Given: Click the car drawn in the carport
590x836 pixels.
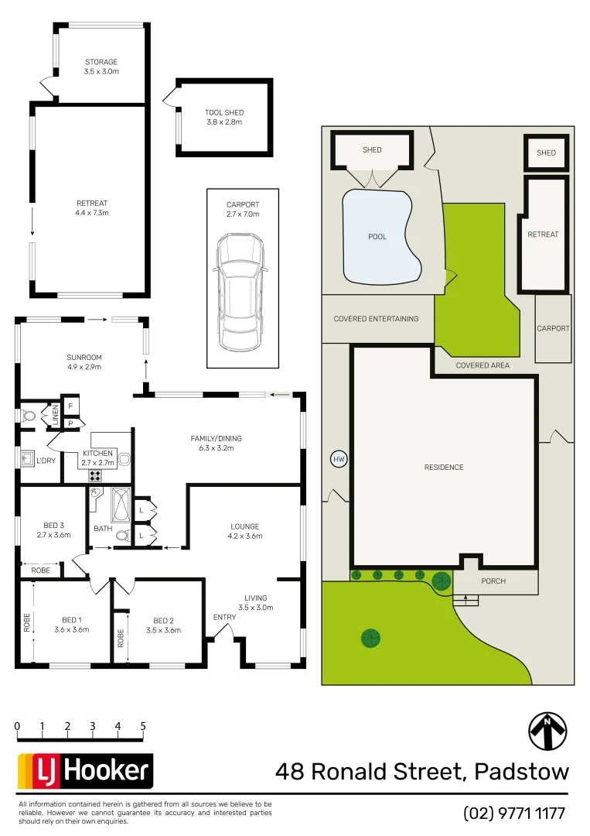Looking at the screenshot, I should [241, 292].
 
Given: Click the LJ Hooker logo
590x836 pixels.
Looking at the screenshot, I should [85, 771].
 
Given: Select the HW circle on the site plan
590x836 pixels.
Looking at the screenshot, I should [338, 459].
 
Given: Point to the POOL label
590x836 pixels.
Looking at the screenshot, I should [377, 237].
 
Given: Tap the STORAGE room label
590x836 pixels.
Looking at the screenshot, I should [101, 62].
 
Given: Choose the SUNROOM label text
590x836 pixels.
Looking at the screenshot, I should [84, 358].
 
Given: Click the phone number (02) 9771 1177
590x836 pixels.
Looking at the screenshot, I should [514, 814].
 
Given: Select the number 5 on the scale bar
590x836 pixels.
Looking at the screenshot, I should [143, 726].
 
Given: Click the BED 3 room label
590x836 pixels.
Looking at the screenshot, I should [53, 526].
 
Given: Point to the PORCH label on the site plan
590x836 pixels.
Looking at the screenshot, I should [493, 581].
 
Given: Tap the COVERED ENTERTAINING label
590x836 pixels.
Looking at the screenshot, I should [376, 319].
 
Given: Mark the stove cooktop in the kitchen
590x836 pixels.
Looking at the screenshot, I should [97, 476].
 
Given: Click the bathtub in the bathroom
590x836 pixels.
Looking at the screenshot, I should [122, 505].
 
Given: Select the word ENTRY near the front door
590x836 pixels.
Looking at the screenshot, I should [225, 617].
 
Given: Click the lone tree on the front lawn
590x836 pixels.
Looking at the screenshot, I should [370, 638].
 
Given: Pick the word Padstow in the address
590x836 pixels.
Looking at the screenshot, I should [521, 772].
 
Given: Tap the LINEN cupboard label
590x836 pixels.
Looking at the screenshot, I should [55, 415].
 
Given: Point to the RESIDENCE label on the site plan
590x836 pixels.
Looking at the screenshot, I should [444, 468].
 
